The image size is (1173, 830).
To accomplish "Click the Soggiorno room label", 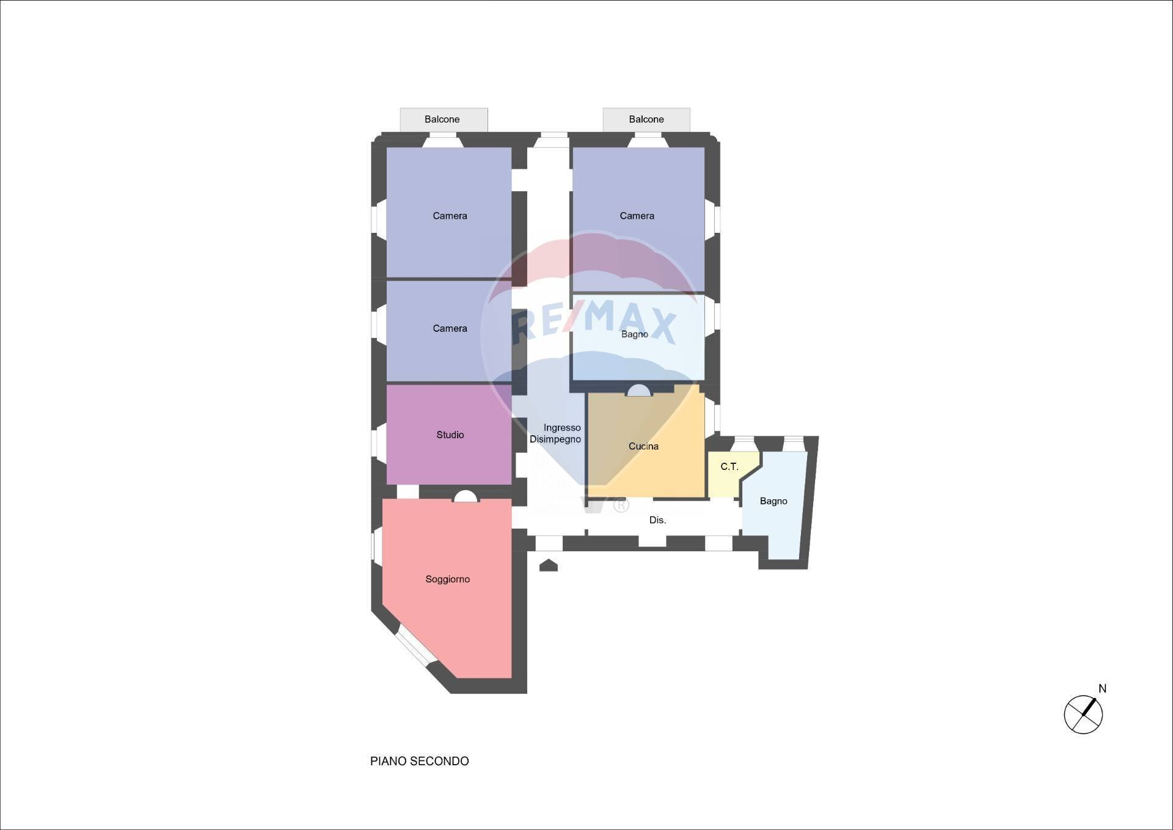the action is (447, 579).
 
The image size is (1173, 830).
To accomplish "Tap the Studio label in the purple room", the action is (450, 435).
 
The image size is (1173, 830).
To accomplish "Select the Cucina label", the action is (643, 447).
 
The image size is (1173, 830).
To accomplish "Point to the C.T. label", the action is (729, 466).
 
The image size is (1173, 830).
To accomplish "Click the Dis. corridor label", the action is (657, 520).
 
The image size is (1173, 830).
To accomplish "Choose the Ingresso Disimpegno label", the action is (555, 433).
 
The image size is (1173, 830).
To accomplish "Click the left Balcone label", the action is (442, 119).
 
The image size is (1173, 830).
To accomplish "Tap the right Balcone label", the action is (646, 119).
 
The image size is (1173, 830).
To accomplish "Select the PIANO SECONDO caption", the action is (419, 761).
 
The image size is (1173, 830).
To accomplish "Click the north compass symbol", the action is (1083, 714).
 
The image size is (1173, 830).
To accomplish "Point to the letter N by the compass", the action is (1102, 689).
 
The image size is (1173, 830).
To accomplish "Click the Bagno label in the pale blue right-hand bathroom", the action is (773, 501).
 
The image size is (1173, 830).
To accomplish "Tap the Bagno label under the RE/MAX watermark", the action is (634, 334).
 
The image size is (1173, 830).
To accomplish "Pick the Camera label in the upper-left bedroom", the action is (450, 216).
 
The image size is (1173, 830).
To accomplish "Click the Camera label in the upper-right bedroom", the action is (637, 216).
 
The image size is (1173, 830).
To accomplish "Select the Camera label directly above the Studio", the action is (450, 329).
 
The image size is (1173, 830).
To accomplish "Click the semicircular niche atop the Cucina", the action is (638, 391).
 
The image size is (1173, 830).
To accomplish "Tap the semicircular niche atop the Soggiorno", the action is (466, 496).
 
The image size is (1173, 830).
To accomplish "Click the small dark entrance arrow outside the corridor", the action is (549, 565).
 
